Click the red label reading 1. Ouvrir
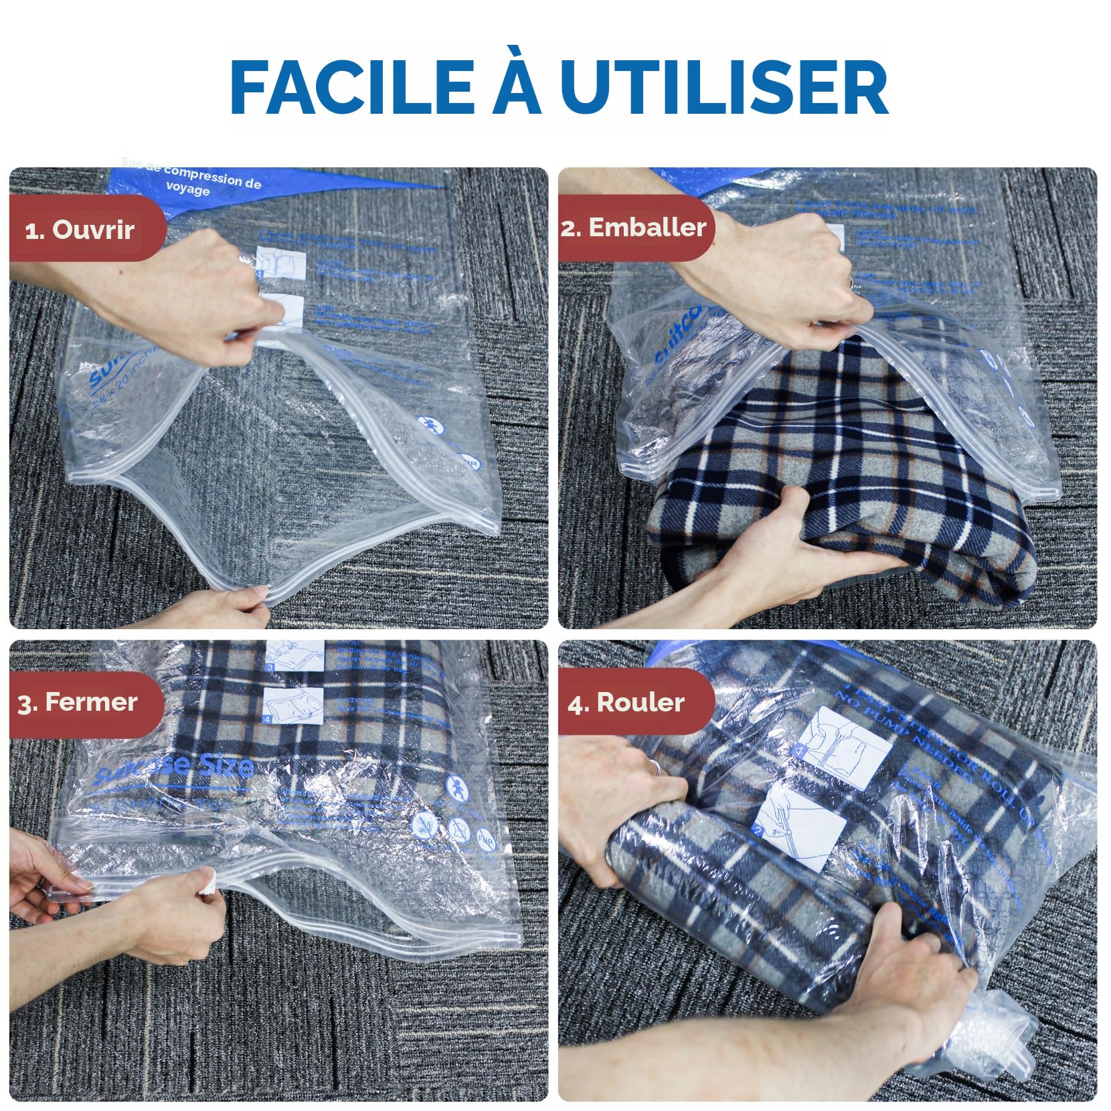tap(80, 230)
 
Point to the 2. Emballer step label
tap(633, 228)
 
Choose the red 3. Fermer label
tap(78, 702)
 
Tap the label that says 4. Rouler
tap(626, 702)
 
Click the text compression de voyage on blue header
tap(201, 183)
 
